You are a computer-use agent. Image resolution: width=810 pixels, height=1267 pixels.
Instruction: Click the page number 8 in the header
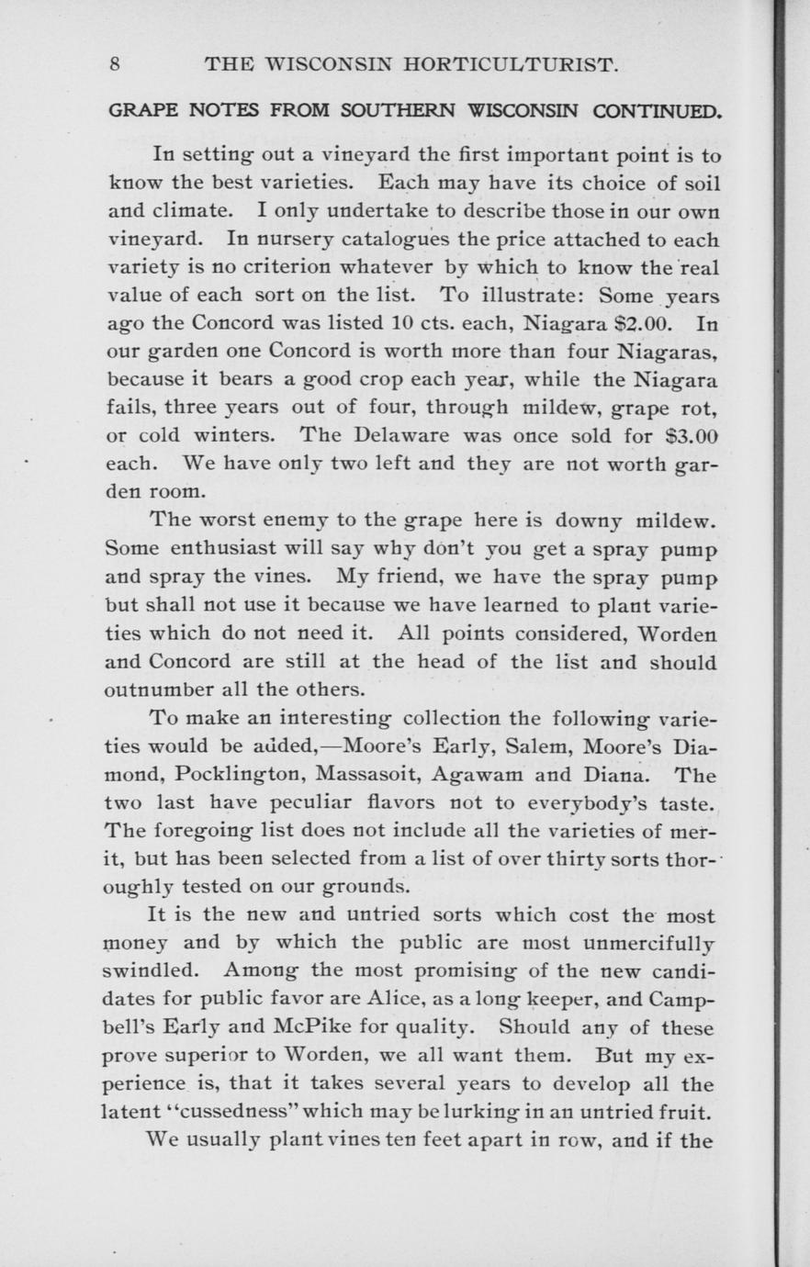(115, 65)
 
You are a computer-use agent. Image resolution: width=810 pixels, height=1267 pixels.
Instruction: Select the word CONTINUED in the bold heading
(657, 111)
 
